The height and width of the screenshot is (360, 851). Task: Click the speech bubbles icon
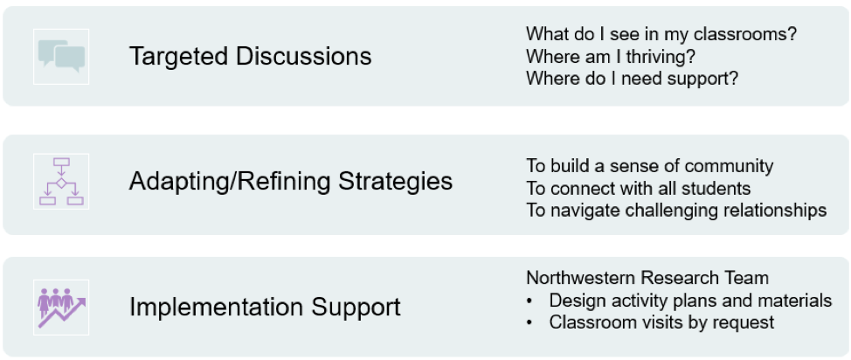tap(61, 57)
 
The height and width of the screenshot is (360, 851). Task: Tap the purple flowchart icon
tap(61, 182)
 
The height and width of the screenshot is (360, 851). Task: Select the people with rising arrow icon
tap(61, 308)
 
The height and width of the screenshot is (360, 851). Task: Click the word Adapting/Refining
tap(230, 182)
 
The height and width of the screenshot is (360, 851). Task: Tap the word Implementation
tap(216, 308)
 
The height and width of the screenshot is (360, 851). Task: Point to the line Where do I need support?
tap(633, 79)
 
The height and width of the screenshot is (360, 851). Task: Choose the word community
tap(727, 166)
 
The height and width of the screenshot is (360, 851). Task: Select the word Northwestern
tap(580, 278)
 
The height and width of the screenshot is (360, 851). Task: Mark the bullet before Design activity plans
tap(529, 301)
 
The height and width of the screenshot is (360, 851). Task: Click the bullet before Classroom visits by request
tap(529, 323)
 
